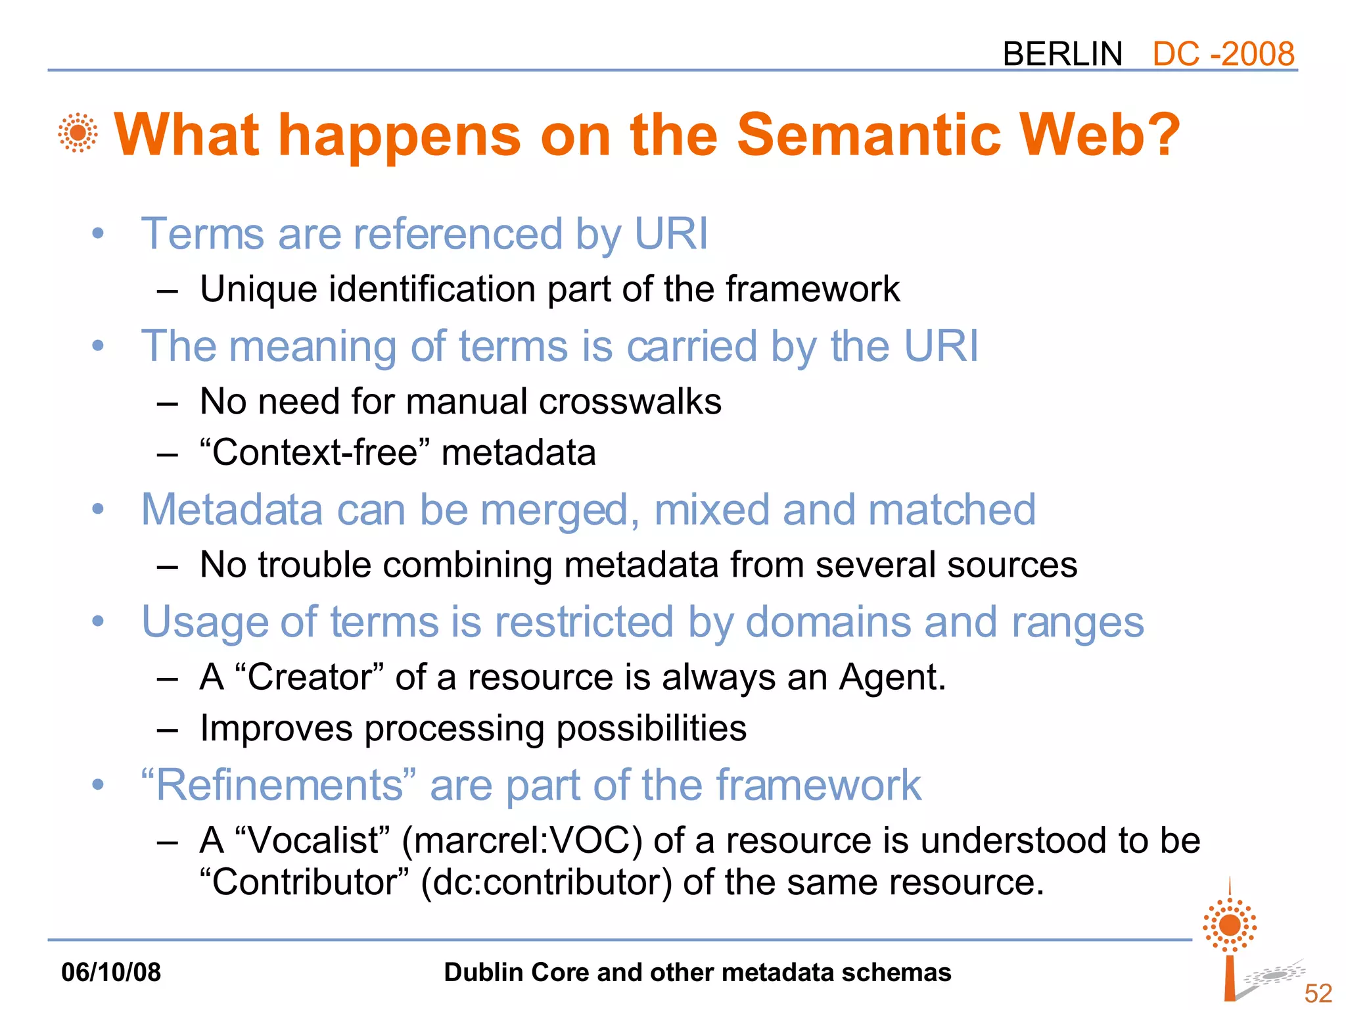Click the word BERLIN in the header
tap(1062, 53)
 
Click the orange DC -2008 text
tap(1223, 53)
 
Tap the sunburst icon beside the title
tap(78, 133)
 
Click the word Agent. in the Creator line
tap(892, 677)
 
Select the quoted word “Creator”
tap(308, 677)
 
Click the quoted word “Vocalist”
tap(312, 841)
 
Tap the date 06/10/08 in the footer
tap(111, 973)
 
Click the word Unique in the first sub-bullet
tap(258, 289)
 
